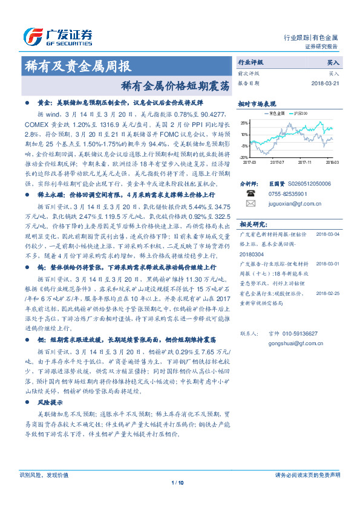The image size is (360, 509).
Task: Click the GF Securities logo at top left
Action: [57, 34]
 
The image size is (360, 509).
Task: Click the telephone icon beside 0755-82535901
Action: [250, 193]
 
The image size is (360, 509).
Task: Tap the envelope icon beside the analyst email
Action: [250, 204]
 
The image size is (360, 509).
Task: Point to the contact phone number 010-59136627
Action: [295, 333]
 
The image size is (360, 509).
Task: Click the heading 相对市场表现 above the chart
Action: [257, 104]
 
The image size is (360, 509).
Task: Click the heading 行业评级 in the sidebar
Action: [250, 62]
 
